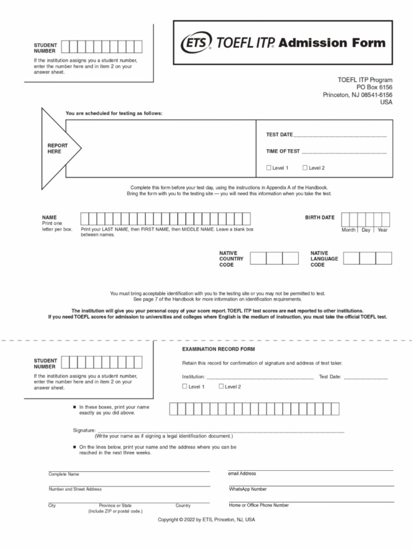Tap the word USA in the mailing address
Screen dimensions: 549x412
click(386, 102)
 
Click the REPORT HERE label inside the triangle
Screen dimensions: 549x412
click(58, 149)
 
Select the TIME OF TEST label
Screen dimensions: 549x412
click(283, 152)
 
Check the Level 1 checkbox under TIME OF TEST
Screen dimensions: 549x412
click(269, 168)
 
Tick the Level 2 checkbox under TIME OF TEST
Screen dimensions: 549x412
click(305, 168)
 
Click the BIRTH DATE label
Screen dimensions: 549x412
click(320, 218)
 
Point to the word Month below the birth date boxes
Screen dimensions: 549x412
click(349, 230)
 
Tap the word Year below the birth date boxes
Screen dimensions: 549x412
click(382, 230)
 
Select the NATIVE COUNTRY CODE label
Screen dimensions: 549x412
click(231, 259)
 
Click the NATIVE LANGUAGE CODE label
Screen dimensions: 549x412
click(324, 259)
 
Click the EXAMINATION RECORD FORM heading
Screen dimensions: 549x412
click(211, 349)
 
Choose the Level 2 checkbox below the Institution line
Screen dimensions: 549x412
click(221, 386)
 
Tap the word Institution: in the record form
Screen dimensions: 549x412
click(193, 377)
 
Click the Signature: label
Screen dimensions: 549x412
click(84, 431)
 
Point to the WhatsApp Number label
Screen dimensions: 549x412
click(247, 489)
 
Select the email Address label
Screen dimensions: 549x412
click(242, 473)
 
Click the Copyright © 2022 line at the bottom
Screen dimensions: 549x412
click(206, 520)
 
